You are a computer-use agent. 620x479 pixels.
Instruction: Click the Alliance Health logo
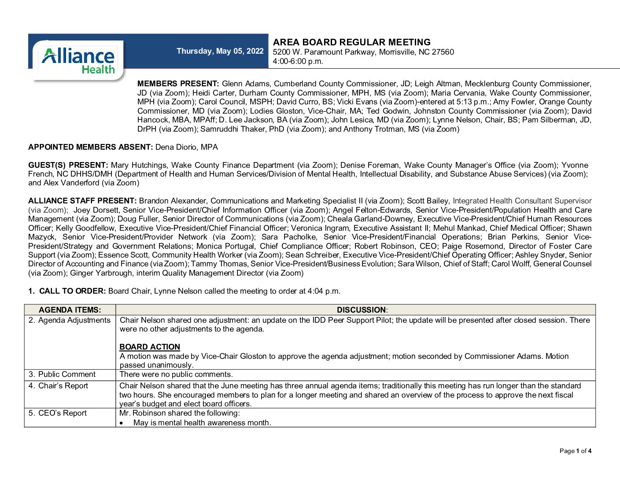pos(78,60)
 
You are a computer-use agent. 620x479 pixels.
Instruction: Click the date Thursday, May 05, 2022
pos(220,51)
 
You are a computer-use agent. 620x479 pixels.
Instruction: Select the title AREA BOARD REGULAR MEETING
pos(351,42)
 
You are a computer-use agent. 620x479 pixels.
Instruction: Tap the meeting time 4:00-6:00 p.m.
pos(298,61)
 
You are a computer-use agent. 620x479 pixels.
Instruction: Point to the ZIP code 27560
pos(443,52)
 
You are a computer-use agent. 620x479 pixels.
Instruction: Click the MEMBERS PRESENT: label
pos(178,84)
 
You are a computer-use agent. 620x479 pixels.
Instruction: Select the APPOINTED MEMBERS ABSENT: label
pos(90,147)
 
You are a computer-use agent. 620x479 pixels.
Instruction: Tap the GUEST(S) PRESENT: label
pos(68,165)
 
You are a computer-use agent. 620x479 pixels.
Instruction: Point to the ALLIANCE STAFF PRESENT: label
pos(82,201)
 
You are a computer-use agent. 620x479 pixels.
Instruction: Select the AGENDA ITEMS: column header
pos(70,310)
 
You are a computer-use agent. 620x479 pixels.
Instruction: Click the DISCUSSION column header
pos(362,310)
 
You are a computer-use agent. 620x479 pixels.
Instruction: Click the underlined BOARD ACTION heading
pos(150,347)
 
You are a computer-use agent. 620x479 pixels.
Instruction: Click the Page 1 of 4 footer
pos(575,451)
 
